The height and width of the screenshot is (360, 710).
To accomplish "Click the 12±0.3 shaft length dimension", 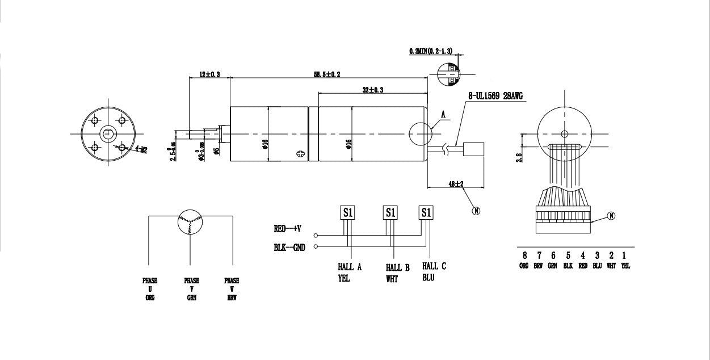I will (209, 74).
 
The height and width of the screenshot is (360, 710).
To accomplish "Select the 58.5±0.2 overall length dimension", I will (327, 74).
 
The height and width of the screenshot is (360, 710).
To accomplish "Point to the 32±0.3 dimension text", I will (373, 90).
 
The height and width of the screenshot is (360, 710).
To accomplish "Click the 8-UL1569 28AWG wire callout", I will (495, 97).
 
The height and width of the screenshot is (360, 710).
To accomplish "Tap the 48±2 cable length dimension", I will (456, 184).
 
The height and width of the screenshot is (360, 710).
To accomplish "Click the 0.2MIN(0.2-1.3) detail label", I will (430, 51).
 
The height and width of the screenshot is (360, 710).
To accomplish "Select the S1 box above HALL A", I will (347, 212).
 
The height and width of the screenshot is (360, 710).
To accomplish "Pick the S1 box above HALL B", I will (390, 212).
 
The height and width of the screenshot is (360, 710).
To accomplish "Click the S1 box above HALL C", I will (426, 212).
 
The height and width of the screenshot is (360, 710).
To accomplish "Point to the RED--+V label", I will (287, 229).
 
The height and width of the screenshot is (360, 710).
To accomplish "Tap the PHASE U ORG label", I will (150, 288).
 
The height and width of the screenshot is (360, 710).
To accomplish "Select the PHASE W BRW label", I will (232, 288).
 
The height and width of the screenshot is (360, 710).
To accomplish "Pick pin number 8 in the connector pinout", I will (524, 256).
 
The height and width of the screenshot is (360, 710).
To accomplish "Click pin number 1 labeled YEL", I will (625, 256).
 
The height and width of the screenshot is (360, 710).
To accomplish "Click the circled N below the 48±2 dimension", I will (476, 211).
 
